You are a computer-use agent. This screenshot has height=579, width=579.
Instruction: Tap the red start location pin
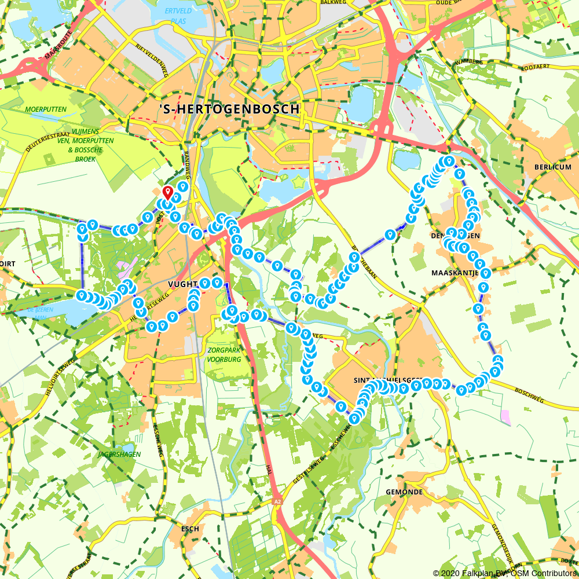[x=168, y=192]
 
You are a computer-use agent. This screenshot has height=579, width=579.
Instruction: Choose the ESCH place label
[x=190, y=529]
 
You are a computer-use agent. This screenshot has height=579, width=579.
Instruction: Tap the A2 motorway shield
[x=278, y=501]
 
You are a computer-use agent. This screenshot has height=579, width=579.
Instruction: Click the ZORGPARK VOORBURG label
[x=223, y=354]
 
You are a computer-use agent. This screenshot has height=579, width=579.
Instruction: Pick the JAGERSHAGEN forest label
[x=119, y=455]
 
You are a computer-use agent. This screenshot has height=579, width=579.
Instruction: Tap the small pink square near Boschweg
[x=506, y=416]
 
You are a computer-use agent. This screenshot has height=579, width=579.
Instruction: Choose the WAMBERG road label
[x=468, y=61]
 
